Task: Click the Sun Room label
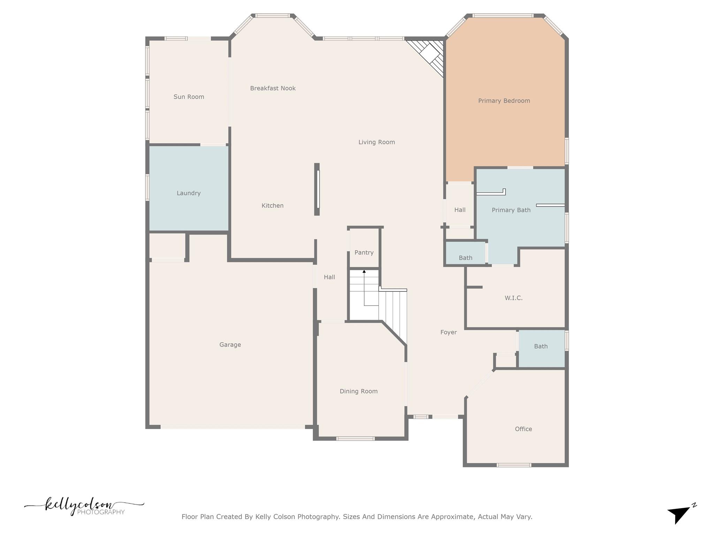tap(189, 97)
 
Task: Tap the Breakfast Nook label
tap(273, 88)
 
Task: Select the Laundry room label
tap(188, 193)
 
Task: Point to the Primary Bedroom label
tap(504, 101)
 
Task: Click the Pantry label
tap(364, 253)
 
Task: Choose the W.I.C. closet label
tap(513, 298)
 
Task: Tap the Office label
tap(523, 429)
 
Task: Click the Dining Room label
tap(358, 391)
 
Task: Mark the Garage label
tap(230, 345)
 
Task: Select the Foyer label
tap(448, 332)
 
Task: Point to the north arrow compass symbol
tap(680, 514)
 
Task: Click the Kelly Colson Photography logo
tap(84, 507)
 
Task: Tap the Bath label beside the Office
tap(541, 346)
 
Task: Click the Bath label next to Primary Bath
tap(465, 258)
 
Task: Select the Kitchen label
tap(272, 206)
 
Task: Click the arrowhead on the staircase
tap(364, 271)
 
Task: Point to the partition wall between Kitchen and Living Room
tap(317, 189)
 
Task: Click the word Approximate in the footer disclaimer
tap(452, 517)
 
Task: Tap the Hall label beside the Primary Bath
tap(459, 210)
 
